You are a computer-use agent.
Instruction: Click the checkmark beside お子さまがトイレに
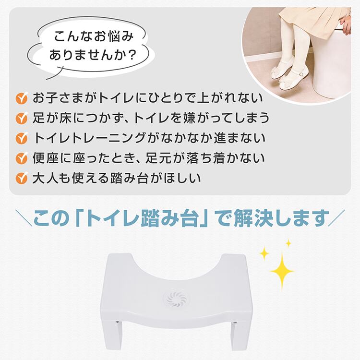[22, 98]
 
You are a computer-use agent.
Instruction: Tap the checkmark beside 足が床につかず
[22, 118]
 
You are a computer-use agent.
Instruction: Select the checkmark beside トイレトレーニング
[22, 138]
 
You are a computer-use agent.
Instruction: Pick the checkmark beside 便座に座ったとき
[22, 158]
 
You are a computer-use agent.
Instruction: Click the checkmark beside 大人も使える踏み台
[22, 178]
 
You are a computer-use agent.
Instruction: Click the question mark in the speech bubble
[132, 55]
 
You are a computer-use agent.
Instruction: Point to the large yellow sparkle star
[282, 271]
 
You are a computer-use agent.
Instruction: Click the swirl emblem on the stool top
[177, 299]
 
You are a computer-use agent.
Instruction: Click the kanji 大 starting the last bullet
[39, 178]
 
